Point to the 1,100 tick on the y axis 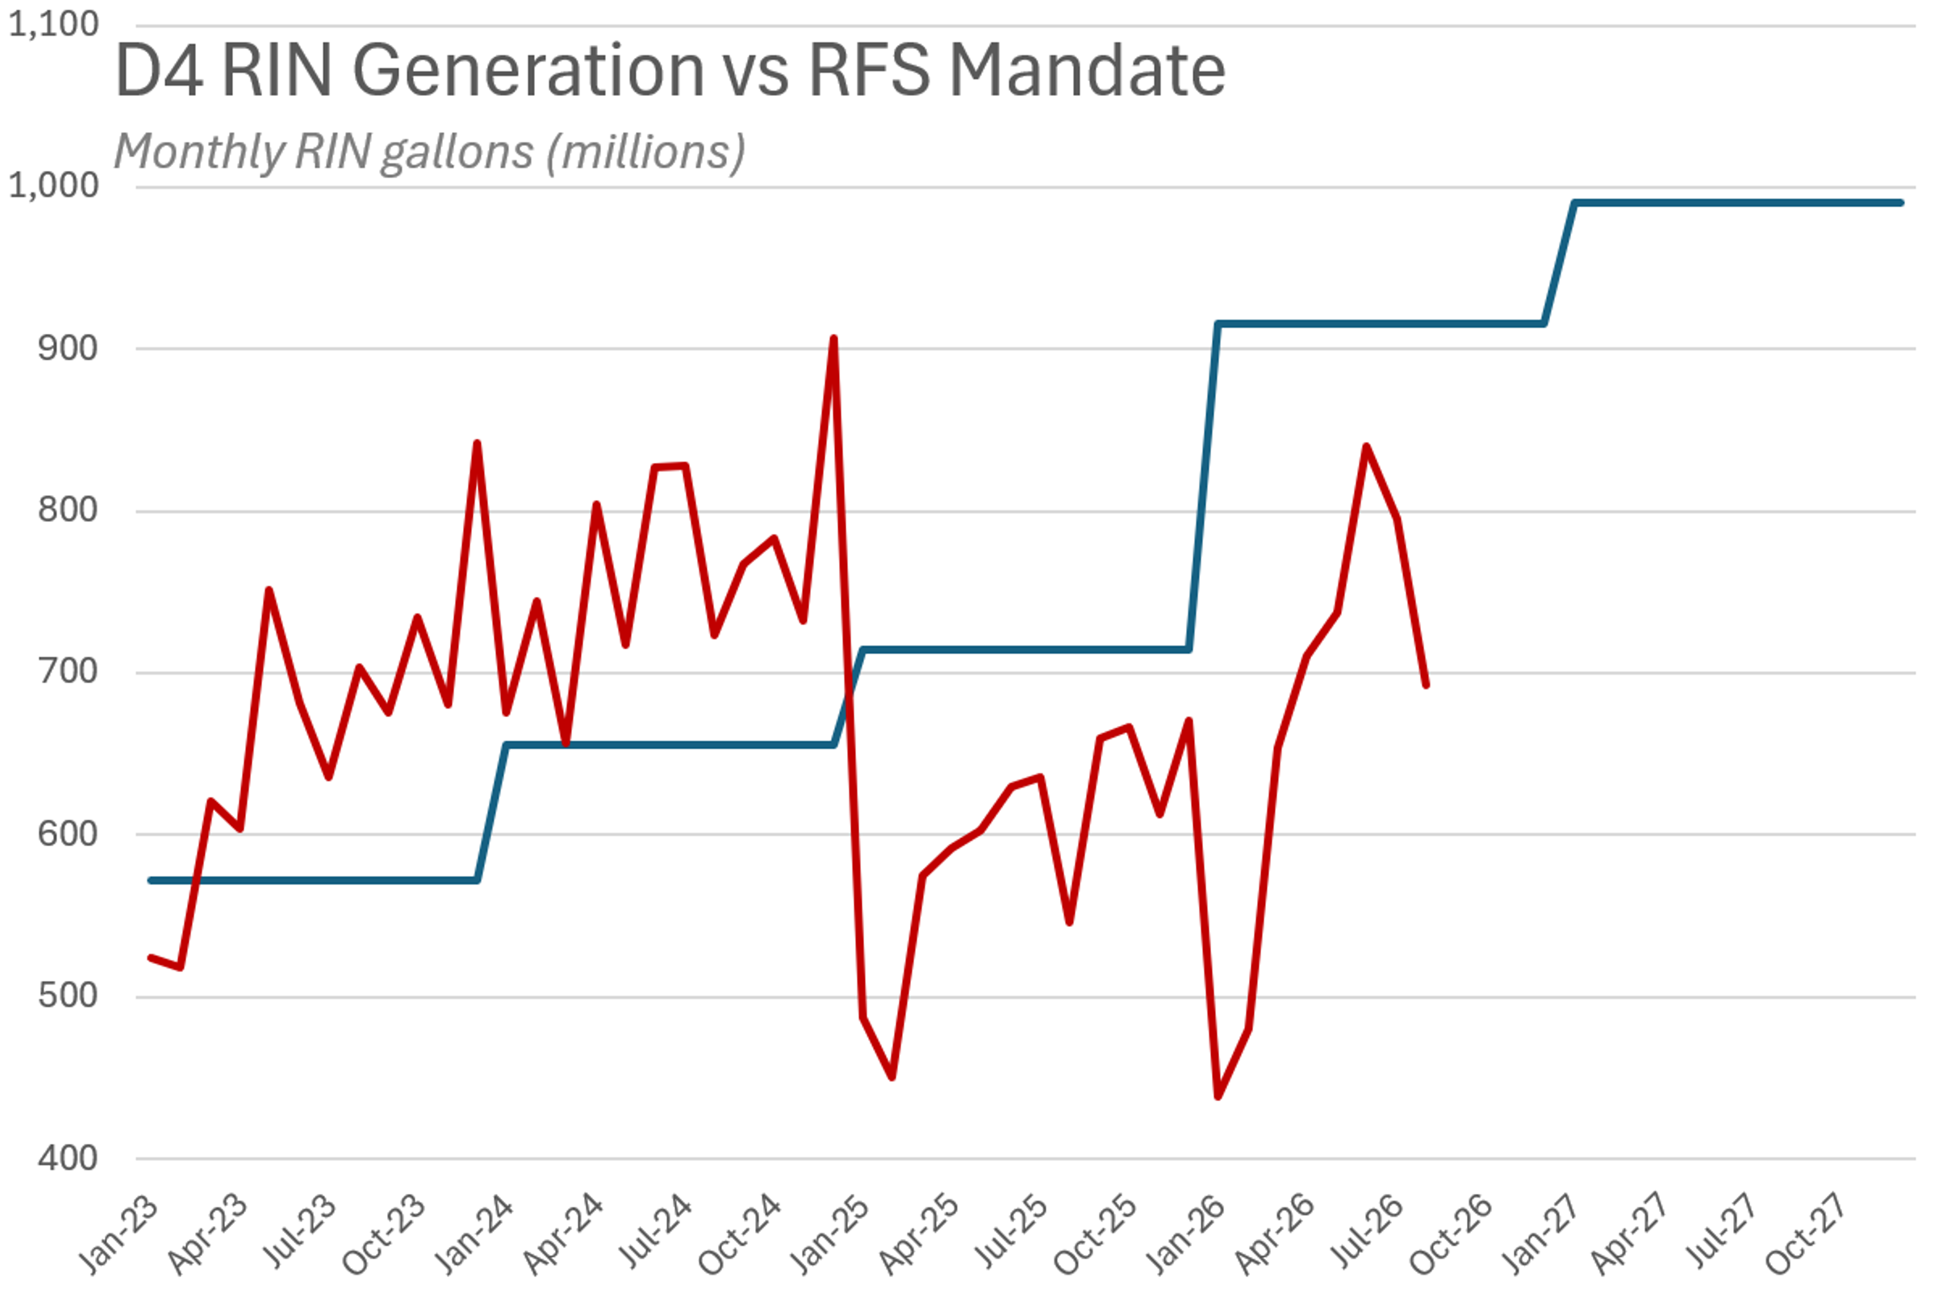53,25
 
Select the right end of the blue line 1901,203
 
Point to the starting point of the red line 150,958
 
